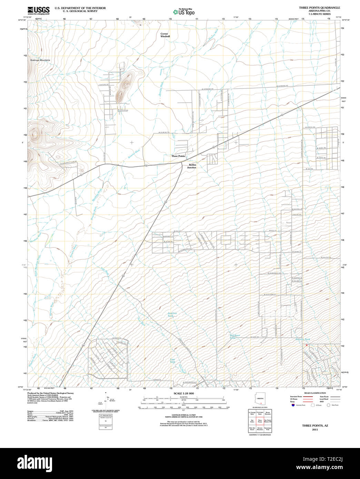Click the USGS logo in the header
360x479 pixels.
(39, 10)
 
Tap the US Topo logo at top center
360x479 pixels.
(184, 12)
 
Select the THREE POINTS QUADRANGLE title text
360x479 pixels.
(319, 8)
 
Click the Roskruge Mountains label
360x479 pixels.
(40, 60)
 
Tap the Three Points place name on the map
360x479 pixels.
(178, 156)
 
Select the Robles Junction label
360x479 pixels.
(192, 166)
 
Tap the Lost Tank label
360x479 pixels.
(172, 361)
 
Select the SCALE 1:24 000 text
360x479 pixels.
(184, 394)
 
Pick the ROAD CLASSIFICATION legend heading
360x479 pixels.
(315, 393)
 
